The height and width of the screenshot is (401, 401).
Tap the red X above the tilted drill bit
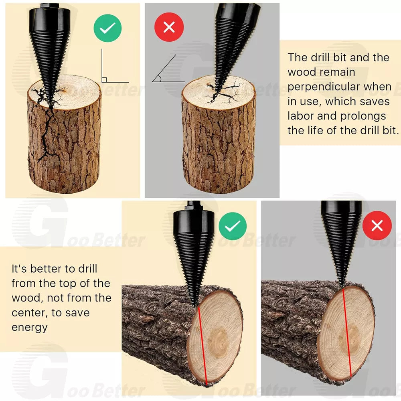[169, 27]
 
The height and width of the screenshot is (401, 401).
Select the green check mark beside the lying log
[233, 226]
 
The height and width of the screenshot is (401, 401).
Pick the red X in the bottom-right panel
[377, 226]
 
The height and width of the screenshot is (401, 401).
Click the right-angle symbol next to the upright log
[104, 79]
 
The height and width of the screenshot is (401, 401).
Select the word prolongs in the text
[363, 116]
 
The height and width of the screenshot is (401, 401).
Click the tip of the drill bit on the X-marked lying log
[342, 286]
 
